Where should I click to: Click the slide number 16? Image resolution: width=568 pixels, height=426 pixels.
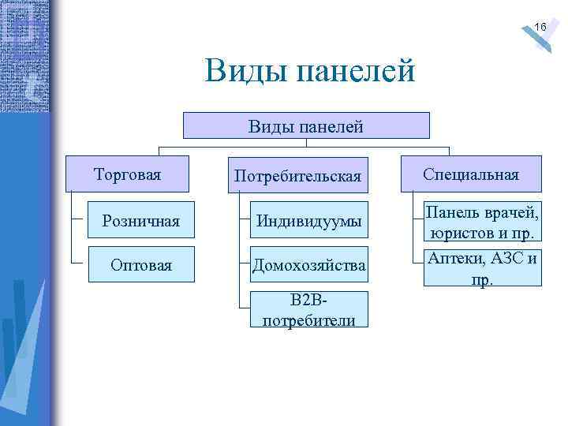pos(540,28)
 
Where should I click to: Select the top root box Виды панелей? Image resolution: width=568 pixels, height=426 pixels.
pos(306,125)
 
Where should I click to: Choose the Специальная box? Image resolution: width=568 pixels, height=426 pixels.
pos(471,174)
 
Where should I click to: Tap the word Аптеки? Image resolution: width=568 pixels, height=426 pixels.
pos(455,258)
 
